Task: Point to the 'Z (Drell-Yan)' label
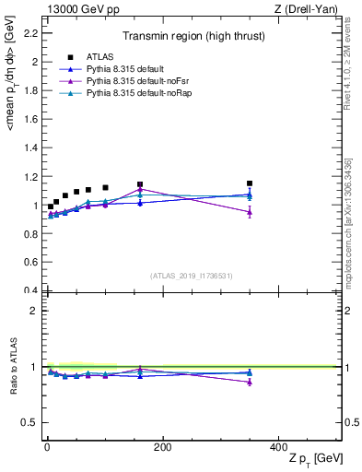pos(311,8)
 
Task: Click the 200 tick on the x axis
pos(163,447)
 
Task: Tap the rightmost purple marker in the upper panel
pos(250,212)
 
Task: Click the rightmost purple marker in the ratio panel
pos(250,382)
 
